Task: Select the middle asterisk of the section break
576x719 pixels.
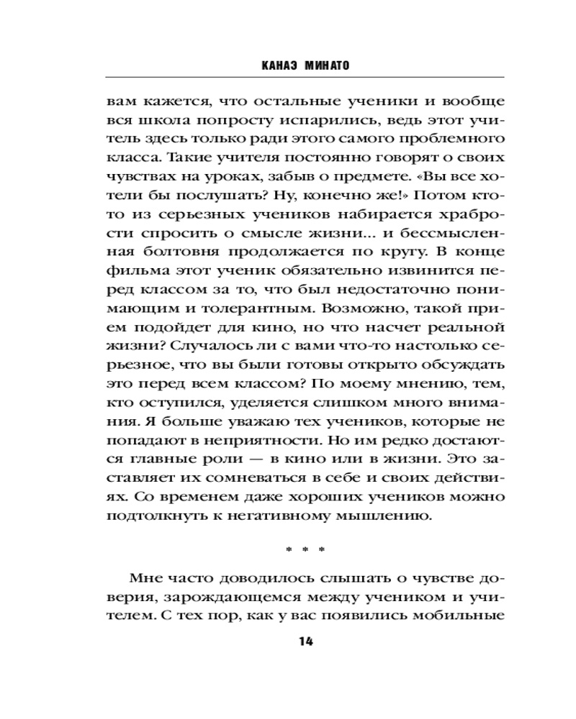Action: tap(305, 551)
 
